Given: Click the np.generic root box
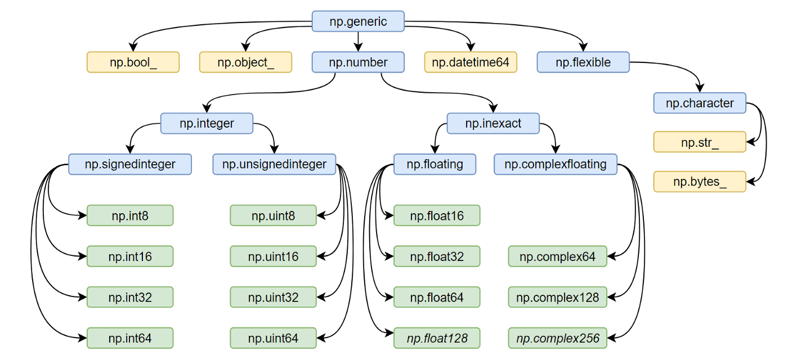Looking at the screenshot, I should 358,21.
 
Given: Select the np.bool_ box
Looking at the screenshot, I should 133,62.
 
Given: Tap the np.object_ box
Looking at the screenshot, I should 245,62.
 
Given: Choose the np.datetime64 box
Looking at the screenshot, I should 471,62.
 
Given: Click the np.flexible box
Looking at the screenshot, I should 583,62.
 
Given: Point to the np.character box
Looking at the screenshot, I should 700,103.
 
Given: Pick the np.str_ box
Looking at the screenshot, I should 700,142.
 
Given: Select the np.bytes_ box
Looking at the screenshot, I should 700,182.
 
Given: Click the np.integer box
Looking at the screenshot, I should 207,123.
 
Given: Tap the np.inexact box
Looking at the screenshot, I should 493,123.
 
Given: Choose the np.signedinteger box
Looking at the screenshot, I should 130,164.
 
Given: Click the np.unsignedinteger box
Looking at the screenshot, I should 274,164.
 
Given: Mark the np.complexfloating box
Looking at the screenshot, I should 556,164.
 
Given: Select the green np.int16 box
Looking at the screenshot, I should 130,256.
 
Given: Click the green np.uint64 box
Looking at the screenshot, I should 273,339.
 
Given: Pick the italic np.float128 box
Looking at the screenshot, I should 437,339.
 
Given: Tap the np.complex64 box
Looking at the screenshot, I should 557,256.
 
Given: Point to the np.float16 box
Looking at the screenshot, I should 437,215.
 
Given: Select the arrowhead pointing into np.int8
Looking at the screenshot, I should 83,215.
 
